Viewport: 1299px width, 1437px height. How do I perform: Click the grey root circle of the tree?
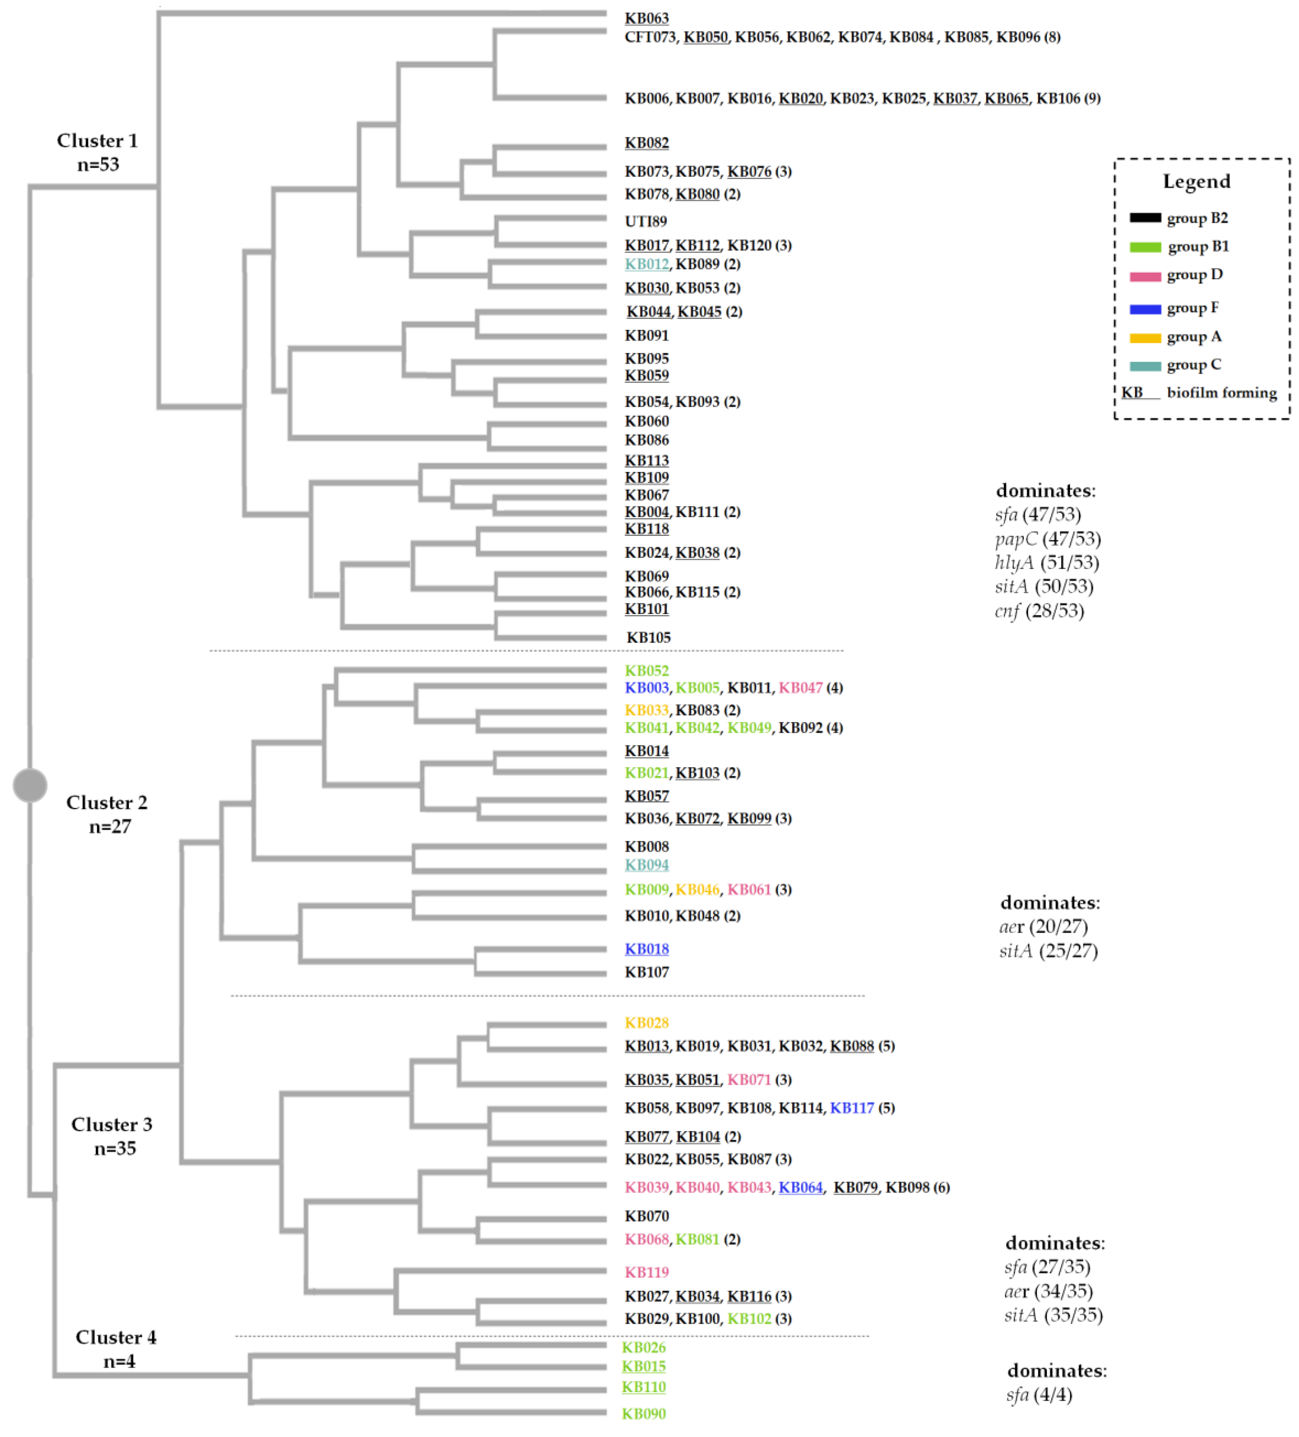pyautogui.click(x=30, y=785)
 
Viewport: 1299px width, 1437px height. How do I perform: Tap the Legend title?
pyautogui.click(x=1196, y=182)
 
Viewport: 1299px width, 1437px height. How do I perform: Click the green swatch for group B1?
pyautogui.click(x=1145, y=247)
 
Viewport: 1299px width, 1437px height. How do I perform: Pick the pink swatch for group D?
pyautogui.click(x=1145, y=276)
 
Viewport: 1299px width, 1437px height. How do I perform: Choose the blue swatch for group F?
pyautogui.click(x=1145, y=309)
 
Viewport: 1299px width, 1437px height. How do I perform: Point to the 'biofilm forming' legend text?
pyautogui.click(x=1221, y=393)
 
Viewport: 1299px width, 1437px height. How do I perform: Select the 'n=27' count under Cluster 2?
pyautogui.click(x=110, y=827)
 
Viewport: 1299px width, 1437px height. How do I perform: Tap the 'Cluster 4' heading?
pyautogui.click(x=116, y=1337)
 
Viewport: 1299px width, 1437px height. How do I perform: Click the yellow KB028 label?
pyautogui.click(x=646, y=1023)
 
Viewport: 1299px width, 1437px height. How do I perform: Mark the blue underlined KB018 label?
pyautogui.click(x=646, y=949)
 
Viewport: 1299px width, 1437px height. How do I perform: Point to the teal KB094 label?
pyautogui.click(x=646, y=865)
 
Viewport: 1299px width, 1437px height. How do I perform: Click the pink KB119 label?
pyautogui.click(x=646, y=1272)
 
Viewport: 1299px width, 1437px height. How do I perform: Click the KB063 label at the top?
pyautogui.click(x=646, y=18)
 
